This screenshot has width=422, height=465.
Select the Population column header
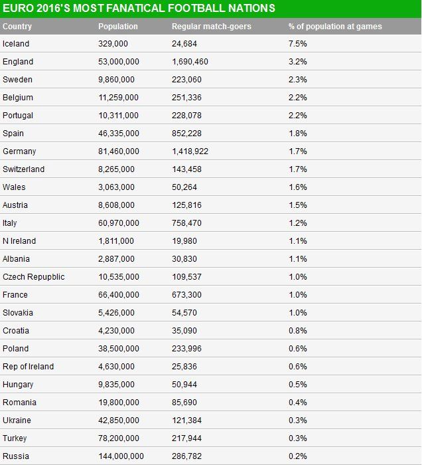118,27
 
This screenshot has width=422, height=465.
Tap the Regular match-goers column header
211,27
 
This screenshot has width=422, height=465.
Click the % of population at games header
335,27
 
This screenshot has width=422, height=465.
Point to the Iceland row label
16,44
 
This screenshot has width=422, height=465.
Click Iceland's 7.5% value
297,44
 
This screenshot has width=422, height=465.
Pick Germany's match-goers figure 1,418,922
190,151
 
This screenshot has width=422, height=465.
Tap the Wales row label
14,187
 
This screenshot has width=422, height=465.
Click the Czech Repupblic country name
34,277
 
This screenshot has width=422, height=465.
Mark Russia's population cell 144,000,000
121,456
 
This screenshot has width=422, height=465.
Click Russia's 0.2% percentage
297,456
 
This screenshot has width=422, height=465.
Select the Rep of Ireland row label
29,367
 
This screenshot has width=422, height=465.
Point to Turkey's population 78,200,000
119,438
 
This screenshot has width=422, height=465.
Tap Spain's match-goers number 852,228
186,134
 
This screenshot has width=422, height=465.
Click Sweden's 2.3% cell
297,80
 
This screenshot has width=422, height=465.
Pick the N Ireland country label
19,241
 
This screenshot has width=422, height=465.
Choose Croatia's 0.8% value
297,331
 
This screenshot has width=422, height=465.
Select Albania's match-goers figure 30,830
184,259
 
